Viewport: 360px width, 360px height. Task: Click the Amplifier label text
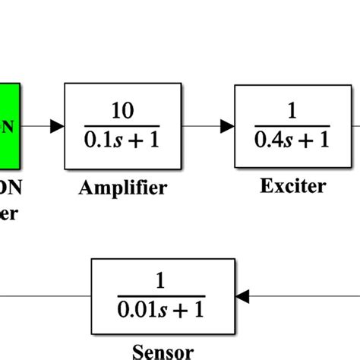[x=122, y=188]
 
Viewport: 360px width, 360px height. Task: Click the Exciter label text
[x=292, y=185]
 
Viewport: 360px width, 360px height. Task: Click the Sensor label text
[x=163, y=352]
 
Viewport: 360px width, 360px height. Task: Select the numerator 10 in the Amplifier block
[x=122, y=111]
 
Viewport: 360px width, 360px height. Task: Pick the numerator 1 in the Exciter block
[x=293, y=111]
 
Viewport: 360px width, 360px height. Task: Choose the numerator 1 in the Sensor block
[x=160, y=282]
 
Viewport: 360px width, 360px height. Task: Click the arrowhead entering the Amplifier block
[x=57, y=126]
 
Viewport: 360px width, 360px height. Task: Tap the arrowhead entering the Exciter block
[x=227, y=126]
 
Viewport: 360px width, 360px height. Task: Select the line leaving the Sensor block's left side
[x=46, y=295]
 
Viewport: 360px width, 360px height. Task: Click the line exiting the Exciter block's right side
[x=355, y=126]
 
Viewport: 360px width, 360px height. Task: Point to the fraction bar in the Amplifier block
[x=122, y=126]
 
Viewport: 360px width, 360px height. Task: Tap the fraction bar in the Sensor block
[x=160, y=296]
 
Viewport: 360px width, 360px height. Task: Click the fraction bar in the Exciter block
[x=292, y=126]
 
